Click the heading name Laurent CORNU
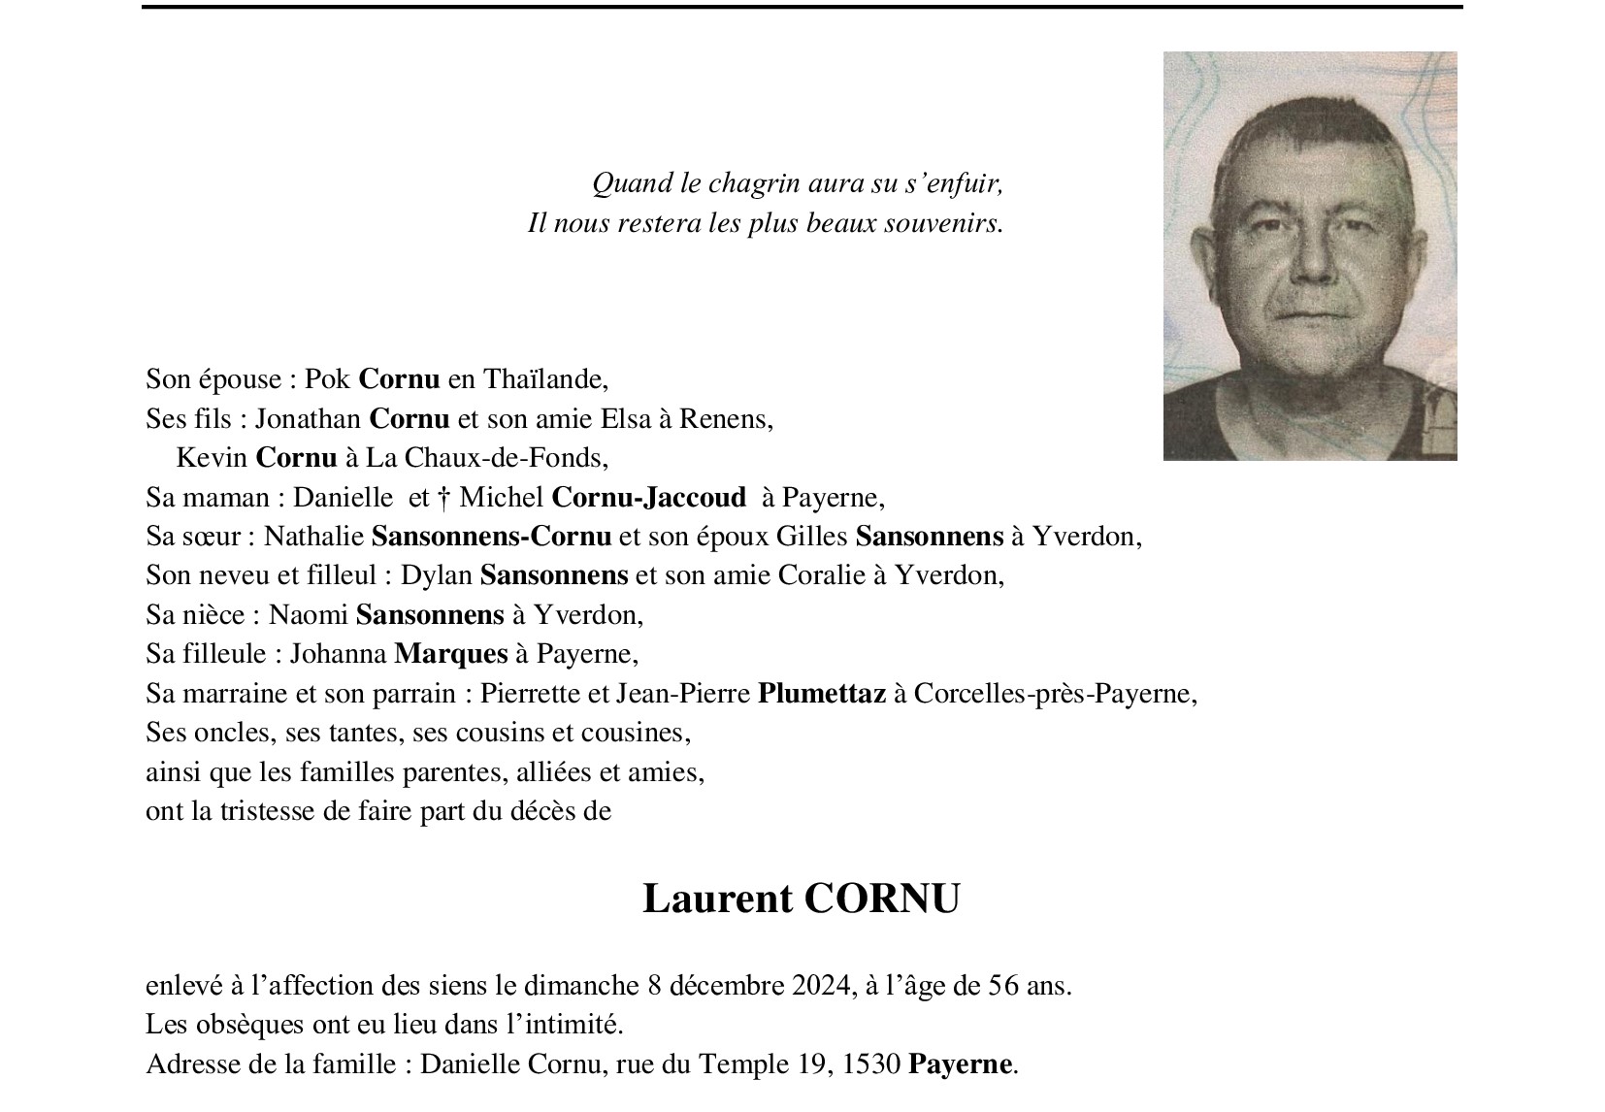coord(801,899)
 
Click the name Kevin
coord(213,458)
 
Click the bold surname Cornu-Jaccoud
coord(648,498)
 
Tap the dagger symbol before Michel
coord(443,498)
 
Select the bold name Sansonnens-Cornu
coord(491,537)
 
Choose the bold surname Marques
coord(450,654)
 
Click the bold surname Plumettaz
coord(821,694)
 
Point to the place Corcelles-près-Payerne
coord(1054,694)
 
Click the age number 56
coord(1002,987)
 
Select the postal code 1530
coord(870,1064)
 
